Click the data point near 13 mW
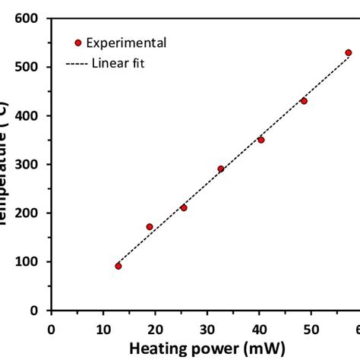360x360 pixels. click(x=118, y=266)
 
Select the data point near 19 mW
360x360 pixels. click(x=150, y=226)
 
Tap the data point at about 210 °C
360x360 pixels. click(x=184, y=207)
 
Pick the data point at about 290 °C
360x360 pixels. click(x=221, y=169)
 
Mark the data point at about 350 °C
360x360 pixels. click(x=261, y=140)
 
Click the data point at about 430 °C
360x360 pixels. click(x=304, y=100)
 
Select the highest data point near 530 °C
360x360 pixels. click(x=349, y=52)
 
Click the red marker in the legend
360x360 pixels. click(x=77, y=43)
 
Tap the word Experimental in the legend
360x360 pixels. click(x=125, y=43)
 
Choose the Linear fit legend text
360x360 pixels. click(x=118, y=63)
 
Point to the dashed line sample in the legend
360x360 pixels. click(x=79, y=63)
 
